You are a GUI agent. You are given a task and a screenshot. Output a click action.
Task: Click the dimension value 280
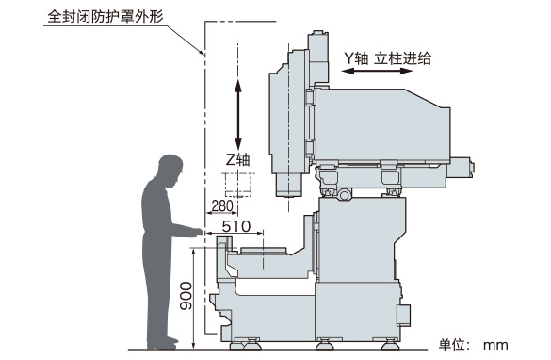click(222, 205)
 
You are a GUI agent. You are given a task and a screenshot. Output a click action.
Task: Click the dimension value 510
click(236, 226)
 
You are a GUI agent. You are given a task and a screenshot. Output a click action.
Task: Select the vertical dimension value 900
click(186, 296)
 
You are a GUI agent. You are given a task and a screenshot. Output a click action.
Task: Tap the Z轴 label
click(238, 160)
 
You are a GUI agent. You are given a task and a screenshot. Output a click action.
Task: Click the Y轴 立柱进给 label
click(388, 58)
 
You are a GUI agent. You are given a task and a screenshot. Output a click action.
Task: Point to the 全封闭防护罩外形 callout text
click(105, 16)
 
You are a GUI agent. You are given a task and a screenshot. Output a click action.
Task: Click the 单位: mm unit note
click(473, 345)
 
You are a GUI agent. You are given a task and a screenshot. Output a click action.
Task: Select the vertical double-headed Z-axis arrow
click(238, 115)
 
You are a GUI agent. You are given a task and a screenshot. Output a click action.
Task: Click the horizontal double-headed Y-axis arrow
click(377, 71)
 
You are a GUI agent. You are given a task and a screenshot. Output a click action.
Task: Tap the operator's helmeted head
click(171, 171)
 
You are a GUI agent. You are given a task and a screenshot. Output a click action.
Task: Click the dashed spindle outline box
click(238, 185)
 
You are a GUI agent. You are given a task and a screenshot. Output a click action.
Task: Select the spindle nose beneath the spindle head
click(288, 185)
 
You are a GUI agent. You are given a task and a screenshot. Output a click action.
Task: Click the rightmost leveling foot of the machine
click(390, 344)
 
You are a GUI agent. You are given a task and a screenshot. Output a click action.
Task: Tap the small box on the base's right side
click(403, 315)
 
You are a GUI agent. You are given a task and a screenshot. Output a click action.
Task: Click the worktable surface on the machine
click(263, 250)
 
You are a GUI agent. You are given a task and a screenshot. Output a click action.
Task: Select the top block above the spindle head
click(318, 58)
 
